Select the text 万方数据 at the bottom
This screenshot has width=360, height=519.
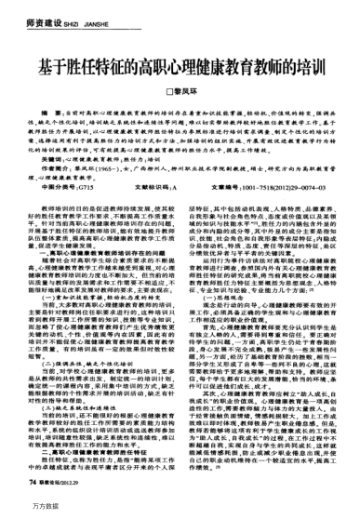(22, 510)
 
